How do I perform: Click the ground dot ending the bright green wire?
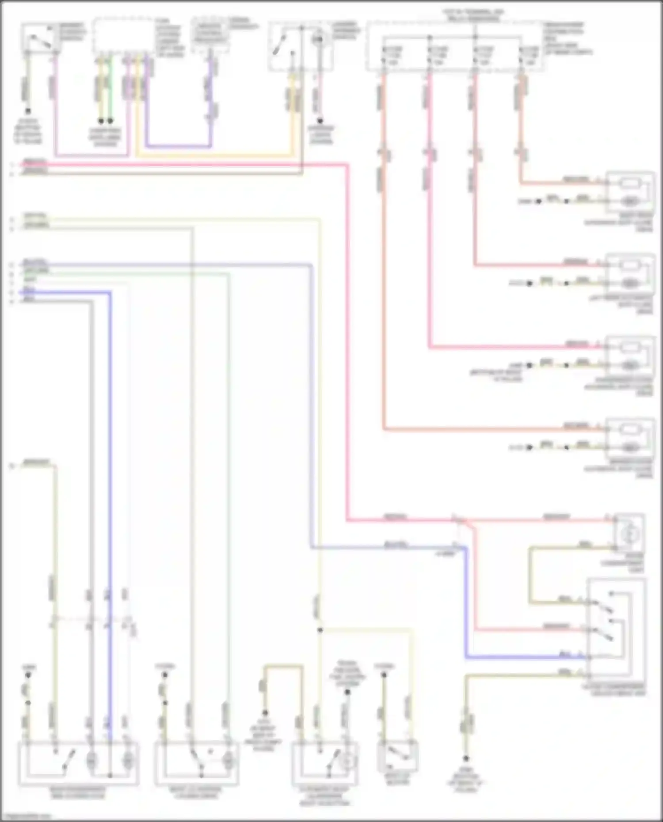[110, 121]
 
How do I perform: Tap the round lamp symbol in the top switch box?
[317, 40]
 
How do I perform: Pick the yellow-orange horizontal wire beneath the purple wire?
[212, 155]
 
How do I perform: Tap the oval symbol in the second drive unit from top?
[630, 283]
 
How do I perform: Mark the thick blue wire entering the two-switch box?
[522, 658]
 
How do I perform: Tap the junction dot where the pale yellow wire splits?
[320, 630]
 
